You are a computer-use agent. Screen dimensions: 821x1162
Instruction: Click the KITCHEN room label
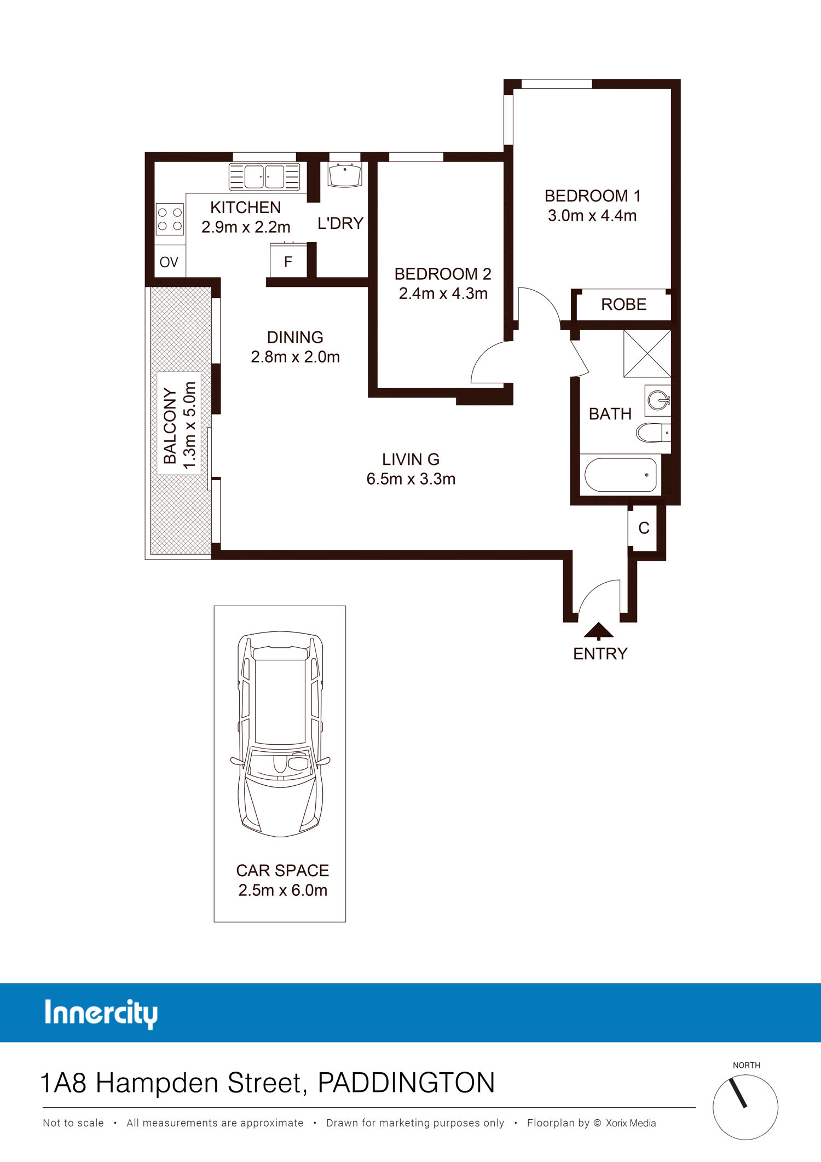point(245,208)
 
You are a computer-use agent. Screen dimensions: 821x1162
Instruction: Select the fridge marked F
point(288,261)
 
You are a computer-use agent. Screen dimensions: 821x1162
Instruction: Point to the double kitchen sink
point(264,177)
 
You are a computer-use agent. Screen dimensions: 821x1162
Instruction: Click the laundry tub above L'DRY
point(345,174)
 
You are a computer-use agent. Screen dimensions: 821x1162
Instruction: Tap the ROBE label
point(623,304)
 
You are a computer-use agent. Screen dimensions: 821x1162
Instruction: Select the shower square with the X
point(647,353)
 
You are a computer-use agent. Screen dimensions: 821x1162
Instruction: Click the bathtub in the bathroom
point(621,475)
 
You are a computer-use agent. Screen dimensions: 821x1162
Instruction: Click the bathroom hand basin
point(658,400)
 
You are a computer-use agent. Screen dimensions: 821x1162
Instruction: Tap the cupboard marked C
point(644,528)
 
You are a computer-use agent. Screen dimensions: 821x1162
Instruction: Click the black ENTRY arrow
point(598,630)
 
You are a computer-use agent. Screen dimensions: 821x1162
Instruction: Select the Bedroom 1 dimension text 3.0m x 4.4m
point(592,216)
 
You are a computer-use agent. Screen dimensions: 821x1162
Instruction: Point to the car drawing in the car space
point(280,734)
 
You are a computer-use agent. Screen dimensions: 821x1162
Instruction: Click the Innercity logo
point(101,1014)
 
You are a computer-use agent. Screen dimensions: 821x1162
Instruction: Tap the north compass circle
point(745,1107)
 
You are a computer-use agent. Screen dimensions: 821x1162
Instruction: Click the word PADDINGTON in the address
point(406,1083)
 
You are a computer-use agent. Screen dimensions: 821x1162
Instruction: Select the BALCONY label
point(170,426)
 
